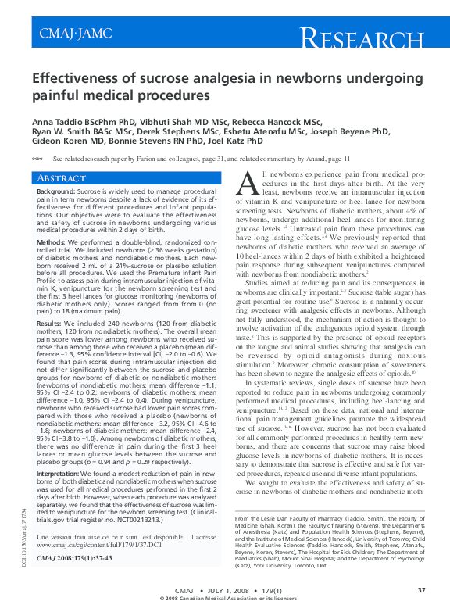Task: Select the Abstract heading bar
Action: [x=130, y=178]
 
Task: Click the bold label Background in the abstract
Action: [x=56, y=191]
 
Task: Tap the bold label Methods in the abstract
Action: [x=52, y=243]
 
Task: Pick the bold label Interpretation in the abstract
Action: [x=62, y=474]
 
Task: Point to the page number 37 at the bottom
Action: [x=421, y=590]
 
